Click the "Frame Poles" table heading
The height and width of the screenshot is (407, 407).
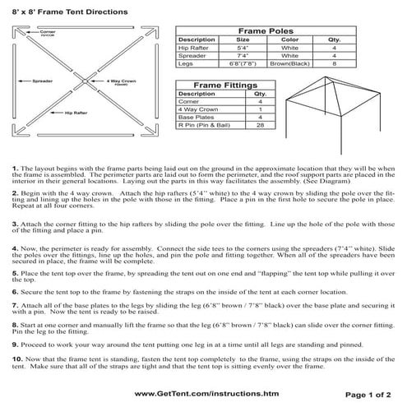click(x=267, y=29)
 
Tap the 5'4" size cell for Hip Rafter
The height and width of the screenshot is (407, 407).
click(x=243, y=48)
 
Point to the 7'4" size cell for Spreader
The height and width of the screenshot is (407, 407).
click(x=243, y=56)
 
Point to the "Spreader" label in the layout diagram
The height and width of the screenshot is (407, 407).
click(x=43, y=81)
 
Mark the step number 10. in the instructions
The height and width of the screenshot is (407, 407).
click(x=17, y=359)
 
